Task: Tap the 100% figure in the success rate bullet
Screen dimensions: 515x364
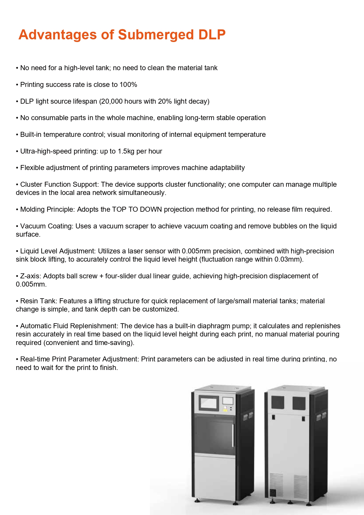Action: click(128, 85)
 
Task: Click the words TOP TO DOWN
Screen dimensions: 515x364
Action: click(137, 210)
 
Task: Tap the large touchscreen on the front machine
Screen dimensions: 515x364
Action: click(209, 403)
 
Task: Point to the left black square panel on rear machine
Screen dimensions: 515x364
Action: click(277, 403)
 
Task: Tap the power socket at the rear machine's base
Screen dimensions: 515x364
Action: click(273, 492)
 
